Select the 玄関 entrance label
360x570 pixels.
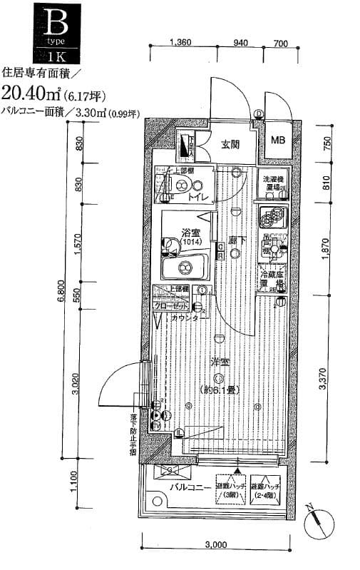click(x=229, y=145)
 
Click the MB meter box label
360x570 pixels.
click(x=277, y=140)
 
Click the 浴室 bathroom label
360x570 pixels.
click(x=190, y=231)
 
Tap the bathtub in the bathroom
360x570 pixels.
click(x=184, y=269)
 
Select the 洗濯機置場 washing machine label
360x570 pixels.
click(x=274, y=183)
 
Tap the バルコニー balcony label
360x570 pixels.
click(x=190, y=488)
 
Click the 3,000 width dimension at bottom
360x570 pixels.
click(x=215, y=545)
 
